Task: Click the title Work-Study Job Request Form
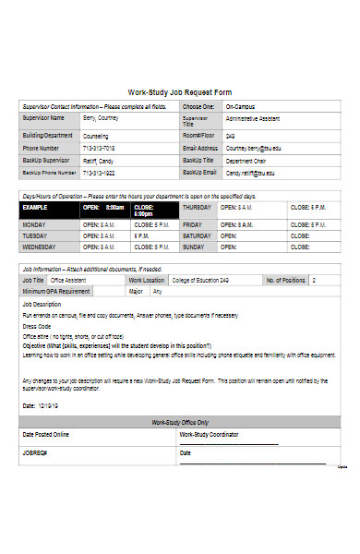pos(179,92)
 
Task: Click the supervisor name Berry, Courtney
pos(101,118)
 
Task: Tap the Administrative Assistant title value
pos(255,119)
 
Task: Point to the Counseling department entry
pos(96,135)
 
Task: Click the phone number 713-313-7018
pos(99,148)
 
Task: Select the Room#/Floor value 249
pos(231,135)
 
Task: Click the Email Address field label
pos(200,148)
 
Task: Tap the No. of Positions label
pos(285,280)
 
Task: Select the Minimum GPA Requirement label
pos(56,291)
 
